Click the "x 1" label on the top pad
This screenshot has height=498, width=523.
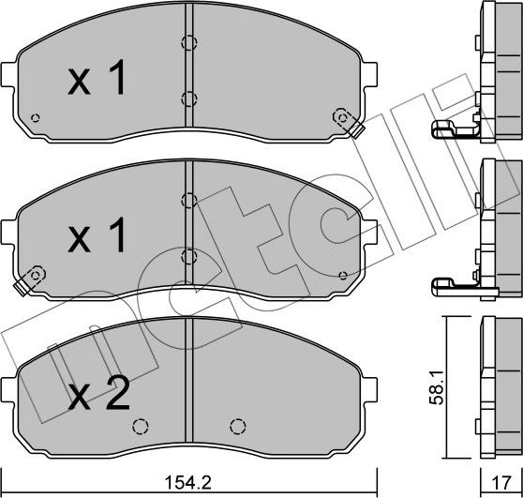click(97, 82)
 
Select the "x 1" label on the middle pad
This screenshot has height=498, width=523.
click(97, 238)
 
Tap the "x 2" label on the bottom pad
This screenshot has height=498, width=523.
click(98, 397)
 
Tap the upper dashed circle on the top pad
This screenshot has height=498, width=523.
click(188, 42)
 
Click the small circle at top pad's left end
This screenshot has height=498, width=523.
click(36, 118)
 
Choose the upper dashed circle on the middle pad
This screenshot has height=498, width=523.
click(188, 199)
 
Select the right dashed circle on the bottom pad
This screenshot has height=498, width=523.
click(235, 425)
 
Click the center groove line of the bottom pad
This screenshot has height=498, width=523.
click(188, 375)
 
